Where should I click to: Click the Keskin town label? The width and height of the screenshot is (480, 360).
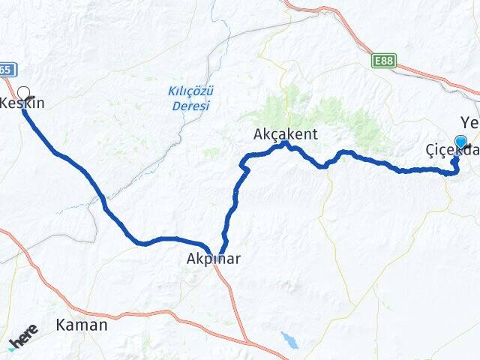tap(22, 103)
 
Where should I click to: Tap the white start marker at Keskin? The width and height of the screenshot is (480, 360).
tap(23, 94)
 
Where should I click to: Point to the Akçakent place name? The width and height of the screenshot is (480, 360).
tap(286, 134)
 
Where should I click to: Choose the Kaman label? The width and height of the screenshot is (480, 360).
tap(81, 325)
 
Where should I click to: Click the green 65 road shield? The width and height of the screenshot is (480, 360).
tap(6, 70)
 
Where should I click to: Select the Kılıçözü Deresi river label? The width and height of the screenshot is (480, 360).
tap(191, 97)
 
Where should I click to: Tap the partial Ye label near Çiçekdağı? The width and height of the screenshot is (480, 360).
tap(469, 122)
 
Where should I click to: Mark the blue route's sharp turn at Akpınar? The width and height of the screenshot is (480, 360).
tap(220, 253)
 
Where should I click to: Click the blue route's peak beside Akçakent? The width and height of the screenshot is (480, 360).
tap(286, 143)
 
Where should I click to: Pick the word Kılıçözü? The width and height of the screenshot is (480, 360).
tap(191, 91)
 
